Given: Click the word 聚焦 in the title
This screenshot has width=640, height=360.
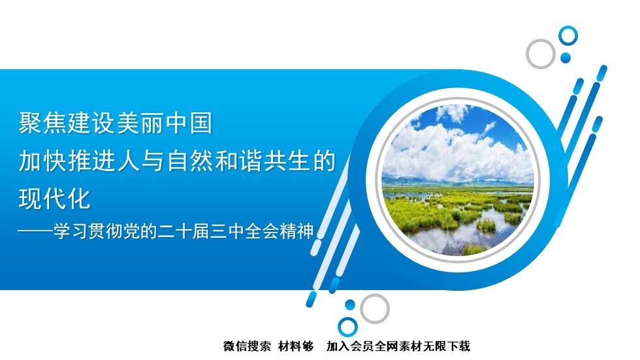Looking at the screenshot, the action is [43, 123].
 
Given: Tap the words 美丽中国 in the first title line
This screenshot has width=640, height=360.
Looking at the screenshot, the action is [165, 123].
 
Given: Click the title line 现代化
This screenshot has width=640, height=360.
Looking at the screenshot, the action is [54, 199].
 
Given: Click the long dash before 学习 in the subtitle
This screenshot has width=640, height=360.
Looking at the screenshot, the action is [35, 231].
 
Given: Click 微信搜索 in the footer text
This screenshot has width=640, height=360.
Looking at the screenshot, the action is [247, 346].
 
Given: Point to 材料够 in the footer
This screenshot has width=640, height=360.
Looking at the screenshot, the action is [296, 346].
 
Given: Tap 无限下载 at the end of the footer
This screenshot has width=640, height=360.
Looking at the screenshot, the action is [447, 346].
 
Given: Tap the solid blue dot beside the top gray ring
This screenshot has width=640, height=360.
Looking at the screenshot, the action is [566, 57].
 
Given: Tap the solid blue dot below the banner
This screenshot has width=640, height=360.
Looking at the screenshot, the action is [350, 304].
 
